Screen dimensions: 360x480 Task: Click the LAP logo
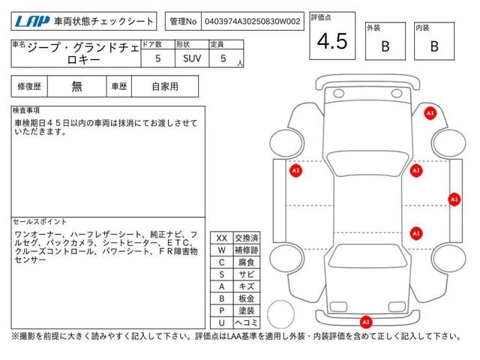(x=32, y=21)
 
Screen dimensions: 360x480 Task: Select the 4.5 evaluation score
(x=331, y=42)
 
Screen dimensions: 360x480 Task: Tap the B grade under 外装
(x=385, y=46)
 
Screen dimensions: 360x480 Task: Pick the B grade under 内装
(x=434, y=46)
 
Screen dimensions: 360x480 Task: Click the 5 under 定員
(x=223, y=58)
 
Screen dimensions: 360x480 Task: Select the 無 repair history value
(x=77, y=86)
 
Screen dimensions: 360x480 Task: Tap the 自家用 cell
(x=165, y=86)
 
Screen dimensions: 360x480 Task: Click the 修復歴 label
(x=28, y=86)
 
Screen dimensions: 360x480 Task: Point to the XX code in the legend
(x=221, y=238)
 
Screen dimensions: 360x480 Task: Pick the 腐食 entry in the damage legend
(x=246, y=262)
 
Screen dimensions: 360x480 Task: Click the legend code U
(x=221, y=322)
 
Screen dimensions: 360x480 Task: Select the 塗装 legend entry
(x=246, y=310)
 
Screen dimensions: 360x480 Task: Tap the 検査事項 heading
(x=26, y=111)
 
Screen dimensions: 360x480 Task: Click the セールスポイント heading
(x=40, y=222)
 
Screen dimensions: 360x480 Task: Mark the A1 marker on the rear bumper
(x=366, y=322)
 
